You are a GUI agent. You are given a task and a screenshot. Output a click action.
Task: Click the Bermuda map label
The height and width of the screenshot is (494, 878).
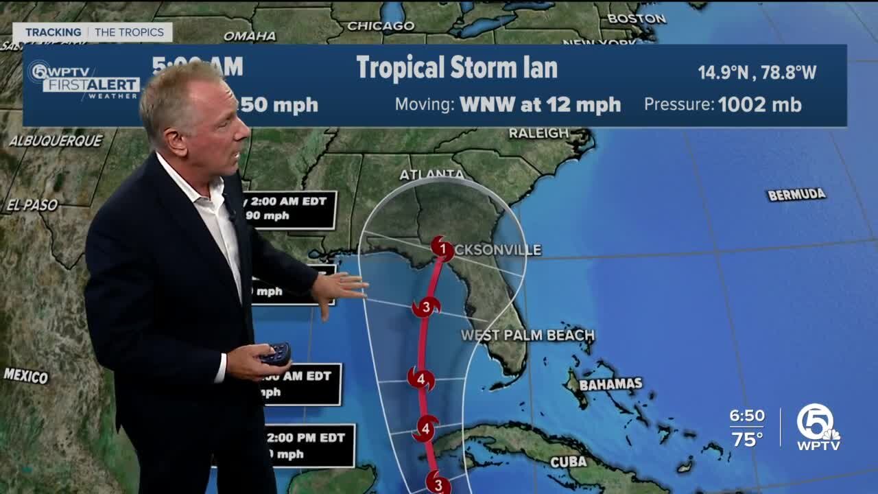click(x=796, y=195)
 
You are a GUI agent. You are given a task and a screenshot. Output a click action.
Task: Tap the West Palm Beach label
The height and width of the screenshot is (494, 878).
click(x=527, y=336)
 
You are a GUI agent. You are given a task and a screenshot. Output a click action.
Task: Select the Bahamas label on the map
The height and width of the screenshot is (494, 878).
click(x=610, y=384)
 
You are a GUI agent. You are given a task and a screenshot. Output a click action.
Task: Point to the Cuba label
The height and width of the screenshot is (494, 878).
click(x=569, y=462)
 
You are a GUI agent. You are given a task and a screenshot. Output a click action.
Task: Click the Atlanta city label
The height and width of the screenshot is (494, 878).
click(x=432, y=174)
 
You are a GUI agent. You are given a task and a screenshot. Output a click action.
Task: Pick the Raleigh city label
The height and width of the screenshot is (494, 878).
click(x=538, y=133)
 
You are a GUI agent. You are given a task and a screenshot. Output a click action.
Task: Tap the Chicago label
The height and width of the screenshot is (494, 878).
click(x=381, y=26)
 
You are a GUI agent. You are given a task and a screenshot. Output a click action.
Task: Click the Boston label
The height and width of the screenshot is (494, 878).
click(x=636, y=19)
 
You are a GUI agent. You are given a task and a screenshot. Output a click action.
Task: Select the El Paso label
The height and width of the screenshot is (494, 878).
click(x=32, y=204)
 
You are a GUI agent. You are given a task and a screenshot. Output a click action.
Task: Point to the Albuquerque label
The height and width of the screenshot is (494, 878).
click(x=56, y=141)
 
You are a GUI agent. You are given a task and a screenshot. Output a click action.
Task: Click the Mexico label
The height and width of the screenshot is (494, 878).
click(x=26, y=375)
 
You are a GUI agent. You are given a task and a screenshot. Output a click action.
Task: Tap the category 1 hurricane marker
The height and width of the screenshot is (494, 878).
click(x=442, y=248)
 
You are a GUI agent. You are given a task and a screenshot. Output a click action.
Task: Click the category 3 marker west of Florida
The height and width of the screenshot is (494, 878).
click(x=426, y=307)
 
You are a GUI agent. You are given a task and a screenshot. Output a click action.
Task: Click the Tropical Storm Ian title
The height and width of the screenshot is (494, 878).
click(x=457, y=68)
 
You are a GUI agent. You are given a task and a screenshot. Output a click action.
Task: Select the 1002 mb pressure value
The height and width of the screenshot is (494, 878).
click(x=759, y=104)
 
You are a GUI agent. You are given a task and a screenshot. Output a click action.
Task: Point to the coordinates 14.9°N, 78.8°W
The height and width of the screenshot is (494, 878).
click(x=757, y=72)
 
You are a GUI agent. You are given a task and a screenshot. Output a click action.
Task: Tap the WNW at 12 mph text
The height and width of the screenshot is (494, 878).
click(x=540, y=105)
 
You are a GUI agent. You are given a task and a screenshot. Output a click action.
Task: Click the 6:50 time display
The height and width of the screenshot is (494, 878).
click(x=747, y=416)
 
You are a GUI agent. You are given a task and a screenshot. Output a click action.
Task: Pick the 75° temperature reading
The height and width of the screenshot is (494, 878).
click(x=747, y=439)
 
